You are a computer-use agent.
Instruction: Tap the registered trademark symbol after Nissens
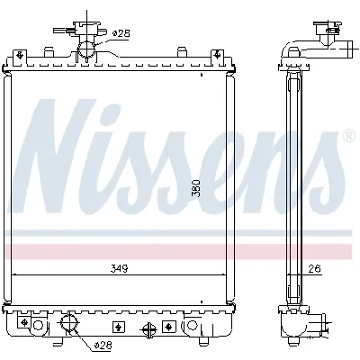(x=347, y=137)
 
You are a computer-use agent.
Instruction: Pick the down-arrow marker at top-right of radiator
(x=217, y=59)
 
